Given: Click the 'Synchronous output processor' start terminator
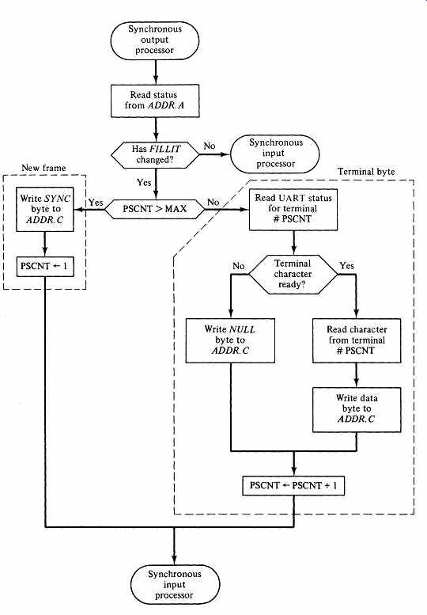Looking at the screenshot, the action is tap(155, 40).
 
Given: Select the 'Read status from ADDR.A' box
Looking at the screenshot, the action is tap(155, 101).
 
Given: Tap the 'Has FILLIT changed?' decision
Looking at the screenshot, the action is tap(156, 154).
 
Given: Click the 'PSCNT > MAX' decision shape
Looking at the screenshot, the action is tap(155, 209).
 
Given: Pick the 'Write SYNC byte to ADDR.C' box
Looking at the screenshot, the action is tap(45, 209).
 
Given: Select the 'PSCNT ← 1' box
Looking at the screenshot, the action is tap(44, 266).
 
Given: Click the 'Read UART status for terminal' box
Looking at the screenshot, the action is tap(293, 209).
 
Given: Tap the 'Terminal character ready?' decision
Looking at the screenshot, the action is tap(293, 274).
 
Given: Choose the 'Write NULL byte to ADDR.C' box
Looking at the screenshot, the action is tap(230, 340).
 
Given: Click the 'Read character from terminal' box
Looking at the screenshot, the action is tap(357, 340).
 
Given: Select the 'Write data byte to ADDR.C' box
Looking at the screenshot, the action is tap(357, 409).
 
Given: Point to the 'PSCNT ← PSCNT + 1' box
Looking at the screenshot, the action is tap(293, 485).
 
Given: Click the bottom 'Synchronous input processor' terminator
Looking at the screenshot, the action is tap(175, 584).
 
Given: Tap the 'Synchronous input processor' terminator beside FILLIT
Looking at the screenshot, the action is tap(275, 154).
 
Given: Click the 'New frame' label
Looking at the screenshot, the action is tap(43, 168).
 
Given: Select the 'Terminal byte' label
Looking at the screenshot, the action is tap(366, 172).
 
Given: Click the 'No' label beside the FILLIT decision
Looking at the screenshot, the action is tap(210, 146).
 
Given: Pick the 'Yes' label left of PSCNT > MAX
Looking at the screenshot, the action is tap(96, 203).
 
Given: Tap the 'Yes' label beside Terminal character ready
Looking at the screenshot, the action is tap(346, 265).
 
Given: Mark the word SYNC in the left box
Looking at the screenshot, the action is tap(57, 199).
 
